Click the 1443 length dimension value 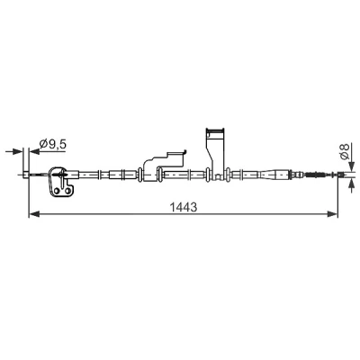(184, 207)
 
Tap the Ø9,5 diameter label (53, 144)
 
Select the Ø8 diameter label (346, 151)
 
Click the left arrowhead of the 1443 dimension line (34, 214)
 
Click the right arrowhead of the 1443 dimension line (332, 214)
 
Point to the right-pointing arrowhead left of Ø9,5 (17, 151)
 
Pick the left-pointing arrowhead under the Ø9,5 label (34, 151)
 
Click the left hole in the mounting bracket (57, 191)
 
